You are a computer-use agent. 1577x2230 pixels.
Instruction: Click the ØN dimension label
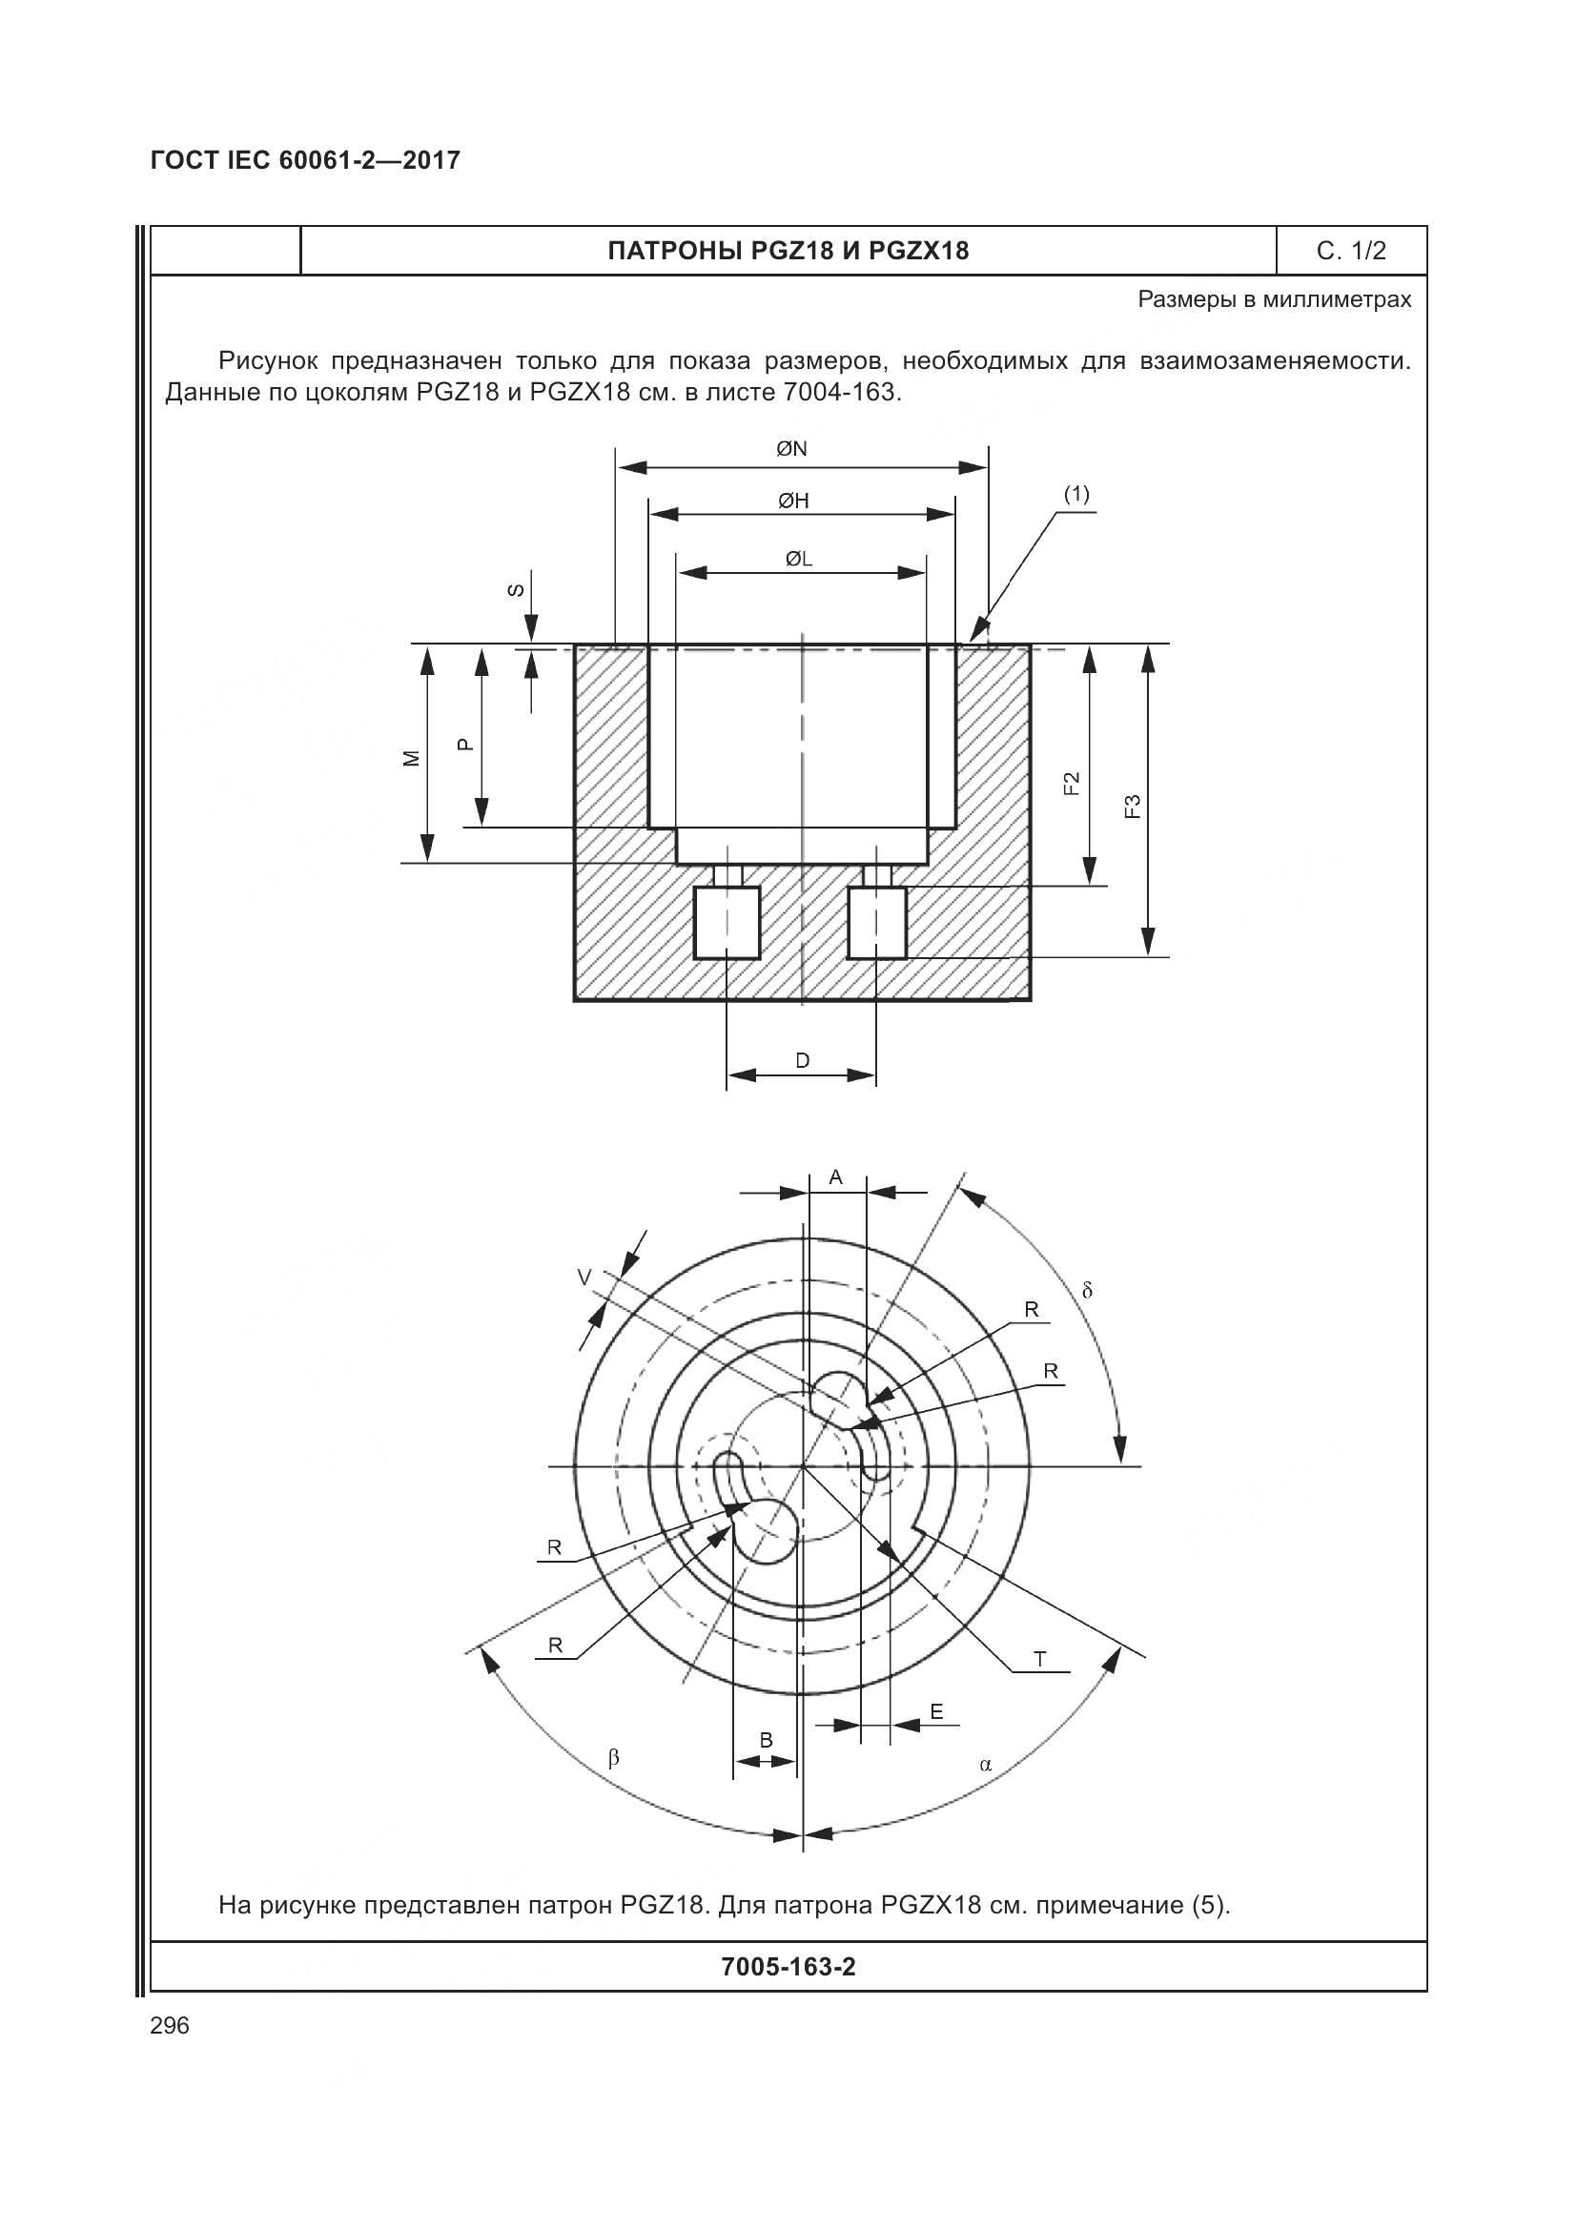pos(791,449)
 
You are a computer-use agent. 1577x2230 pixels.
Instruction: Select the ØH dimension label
pos(792,501)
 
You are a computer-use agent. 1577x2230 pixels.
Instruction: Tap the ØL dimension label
pos(798,560)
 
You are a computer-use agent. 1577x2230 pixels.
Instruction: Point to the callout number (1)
pos(1075,494)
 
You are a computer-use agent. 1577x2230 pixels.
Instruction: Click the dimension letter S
pos(518,589)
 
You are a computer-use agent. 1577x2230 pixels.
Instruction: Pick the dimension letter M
pos(413,758)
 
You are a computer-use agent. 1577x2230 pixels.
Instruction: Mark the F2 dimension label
pos(1071,783)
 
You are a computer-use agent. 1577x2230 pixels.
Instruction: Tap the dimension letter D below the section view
pos(802,1060)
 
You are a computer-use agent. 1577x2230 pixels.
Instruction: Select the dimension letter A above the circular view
pos(835,1177)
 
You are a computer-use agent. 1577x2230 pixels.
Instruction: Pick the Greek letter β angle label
pos(613,1757)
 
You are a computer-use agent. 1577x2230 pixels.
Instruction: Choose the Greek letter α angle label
pos(986,1764)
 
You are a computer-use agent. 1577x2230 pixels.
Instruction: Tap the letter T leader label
pos(1040,1659)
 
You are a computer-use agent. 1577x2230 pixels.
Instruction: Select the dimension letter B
pos(766,1741)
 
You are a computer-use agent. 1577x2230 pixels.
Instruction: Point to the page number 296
pos(170,2026)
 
